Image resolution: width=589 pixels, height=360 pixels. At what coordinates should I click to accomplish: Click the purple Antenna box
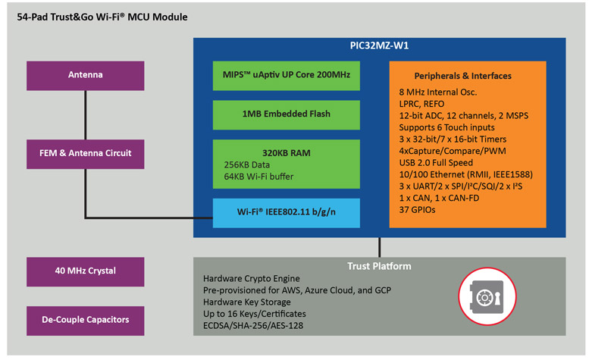pos(85,75)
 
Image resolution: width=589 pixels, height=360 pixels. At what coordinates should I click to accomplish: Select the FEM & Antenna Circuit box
pos(85,152)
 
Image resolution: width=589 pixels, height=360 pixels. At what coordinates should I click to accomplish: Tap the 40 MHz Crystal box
pos(85,271)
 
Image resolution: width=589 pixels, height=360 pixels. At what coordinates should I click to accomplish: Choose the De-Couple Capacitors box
pos(85,319)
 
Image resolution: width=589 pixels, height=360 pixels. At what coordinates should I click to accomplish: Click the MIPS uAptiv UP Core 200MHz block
pos(287,76)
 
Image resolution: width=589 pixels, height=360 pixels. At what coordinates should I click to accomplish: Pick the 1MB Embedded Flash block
pos(287,114)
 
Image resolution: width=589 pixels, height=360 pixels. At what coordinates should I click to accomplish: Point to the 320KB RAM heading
pos(286,152)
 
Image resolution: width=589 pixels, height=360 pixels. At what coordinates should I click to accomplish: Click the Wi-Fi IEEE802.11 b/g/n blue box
pos(287,211)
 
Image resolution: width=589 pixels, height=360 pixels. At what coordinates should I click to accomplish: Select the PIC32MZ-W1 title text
pos(380,45)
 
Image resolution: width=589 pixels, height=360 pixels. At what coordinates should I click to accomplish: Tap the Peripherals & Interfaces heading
pos(462,76)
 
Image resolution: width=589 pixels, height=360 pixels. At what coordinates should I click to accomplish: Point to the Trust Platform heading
pos(379,266)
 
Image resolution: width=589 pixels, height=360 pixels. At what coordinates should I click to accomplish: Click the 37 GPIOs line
pos(421,209)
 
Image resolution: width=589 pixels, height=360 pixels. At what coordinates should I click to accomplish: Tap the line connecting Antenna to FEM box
pos(85,114)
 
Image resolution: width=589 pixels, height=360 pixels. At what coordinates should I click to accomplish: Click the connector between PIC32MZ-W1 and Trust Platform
pos(379,247)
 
